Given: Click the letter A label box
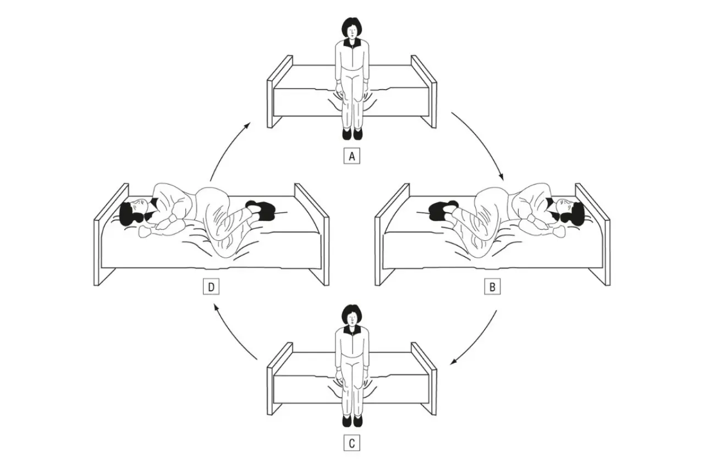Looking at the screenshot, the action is click(x=351, y=156).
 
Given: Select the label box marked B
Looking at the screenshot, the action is click(x=492, y=287).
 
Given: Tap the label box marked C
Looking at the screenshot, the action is click(x=351, y=443).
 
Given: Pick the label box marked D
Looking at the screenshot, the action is click(x=211, y=287).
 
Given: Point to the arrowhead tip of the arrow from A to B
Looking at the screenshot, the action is click(x=503, y=180).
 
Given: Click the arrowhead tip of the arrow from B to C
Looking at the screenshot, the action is click(x=450, y=365).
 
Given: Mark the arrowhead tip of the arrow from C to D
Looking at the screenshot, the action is click(x=215, y=304).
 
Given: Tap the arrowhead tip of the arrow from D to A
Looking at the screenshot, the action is click(x=250, y=123).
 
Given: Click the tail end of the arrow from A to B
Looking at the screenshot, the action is click(x=452, y=112).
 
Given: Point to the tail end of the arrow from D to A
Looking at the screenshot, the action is click(x=210, y=181).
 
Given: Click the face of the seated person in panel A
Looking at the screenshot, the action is click(x=351, y=32).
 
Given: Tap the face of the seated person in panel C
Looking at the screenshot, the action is click(x=351, y=319).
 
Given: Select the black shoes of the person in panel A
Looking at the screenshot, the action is click(x=352, y=133).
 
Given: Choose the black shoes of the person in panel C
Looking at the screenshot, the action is click(x=352, y=420).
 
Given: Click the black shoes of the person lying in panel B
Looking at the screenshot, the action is click(x=443, y=211).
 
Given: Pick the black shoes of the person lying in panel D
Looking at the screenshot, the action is click(x=260, y=211).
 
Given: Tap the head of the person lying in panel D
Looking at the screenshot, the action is click(x=135, y=213).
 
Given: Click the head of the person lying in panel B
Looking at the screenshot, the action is click(x=569, y=213).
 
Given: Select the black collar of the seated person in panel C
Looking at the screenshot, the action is click(x=351, y=329).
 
